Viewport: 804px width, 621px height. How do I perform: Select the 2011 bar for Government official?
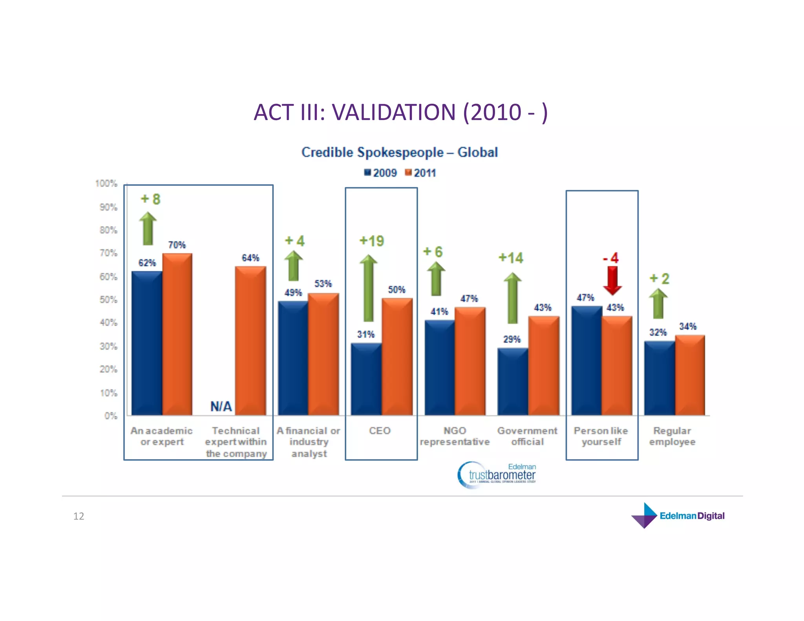(543, 365)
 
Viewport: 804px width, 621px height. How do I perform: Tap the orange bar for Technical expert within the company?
(250, 341)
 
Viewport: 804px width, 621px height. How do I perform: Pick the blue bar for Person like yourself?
(587, 360)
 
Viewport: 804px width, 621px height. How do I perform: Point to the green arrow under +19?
(368, 288)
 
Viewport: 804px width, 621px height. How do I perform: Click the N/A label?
(221, 406)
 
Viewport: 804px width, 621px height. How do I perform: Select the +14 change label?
(511, 258)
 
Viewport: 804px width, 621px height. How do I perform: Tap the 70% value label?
(177, 245)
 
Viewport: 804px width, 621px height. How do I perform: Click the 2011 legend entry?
(420, 173)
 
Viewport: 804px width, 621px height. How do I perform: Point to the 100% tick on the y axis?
(106, 183)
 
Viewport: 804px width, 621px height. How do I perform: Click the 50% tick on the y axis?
(108, 300)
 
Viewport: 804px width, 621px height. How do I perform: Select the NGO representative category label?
(455, 436)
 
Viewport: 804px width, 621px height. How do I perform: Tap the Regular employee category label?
(672, 436)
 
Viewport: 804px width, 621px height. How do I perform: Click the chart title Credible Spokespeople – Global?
(399, 152)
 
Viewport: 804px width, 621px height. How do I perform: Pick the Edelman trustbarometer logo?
(497, 475)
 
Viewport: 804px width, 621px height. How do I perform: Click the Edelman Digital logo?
(678, 515)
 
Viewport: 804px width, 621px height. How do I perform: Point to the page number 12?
(79, 516)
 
